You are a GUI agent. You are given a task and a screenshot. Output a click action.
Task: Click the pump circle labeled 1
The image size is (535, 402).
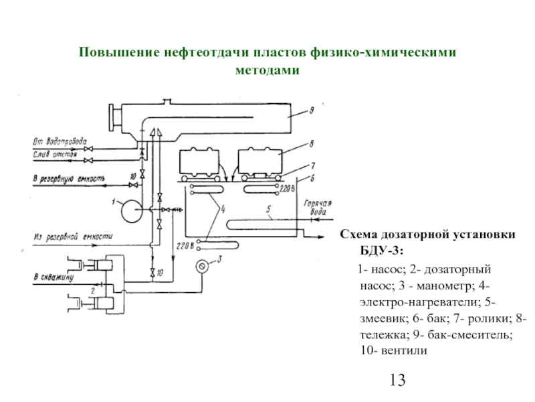click(125, 210)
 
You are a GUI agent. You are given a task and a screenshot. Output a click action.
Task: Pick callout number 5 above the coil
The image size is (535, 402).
click(267, 210)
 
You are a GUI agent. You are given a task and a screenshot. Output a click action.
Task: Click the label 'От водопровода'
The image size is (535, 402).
click(60, 142)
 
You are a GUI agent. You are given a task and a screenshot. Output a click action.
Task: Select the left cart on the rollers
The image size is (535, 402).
click(199, 161)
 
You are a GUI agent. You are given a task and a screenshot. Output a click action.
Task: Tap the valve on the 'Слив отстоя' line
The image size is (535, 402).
click(88, 161)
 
